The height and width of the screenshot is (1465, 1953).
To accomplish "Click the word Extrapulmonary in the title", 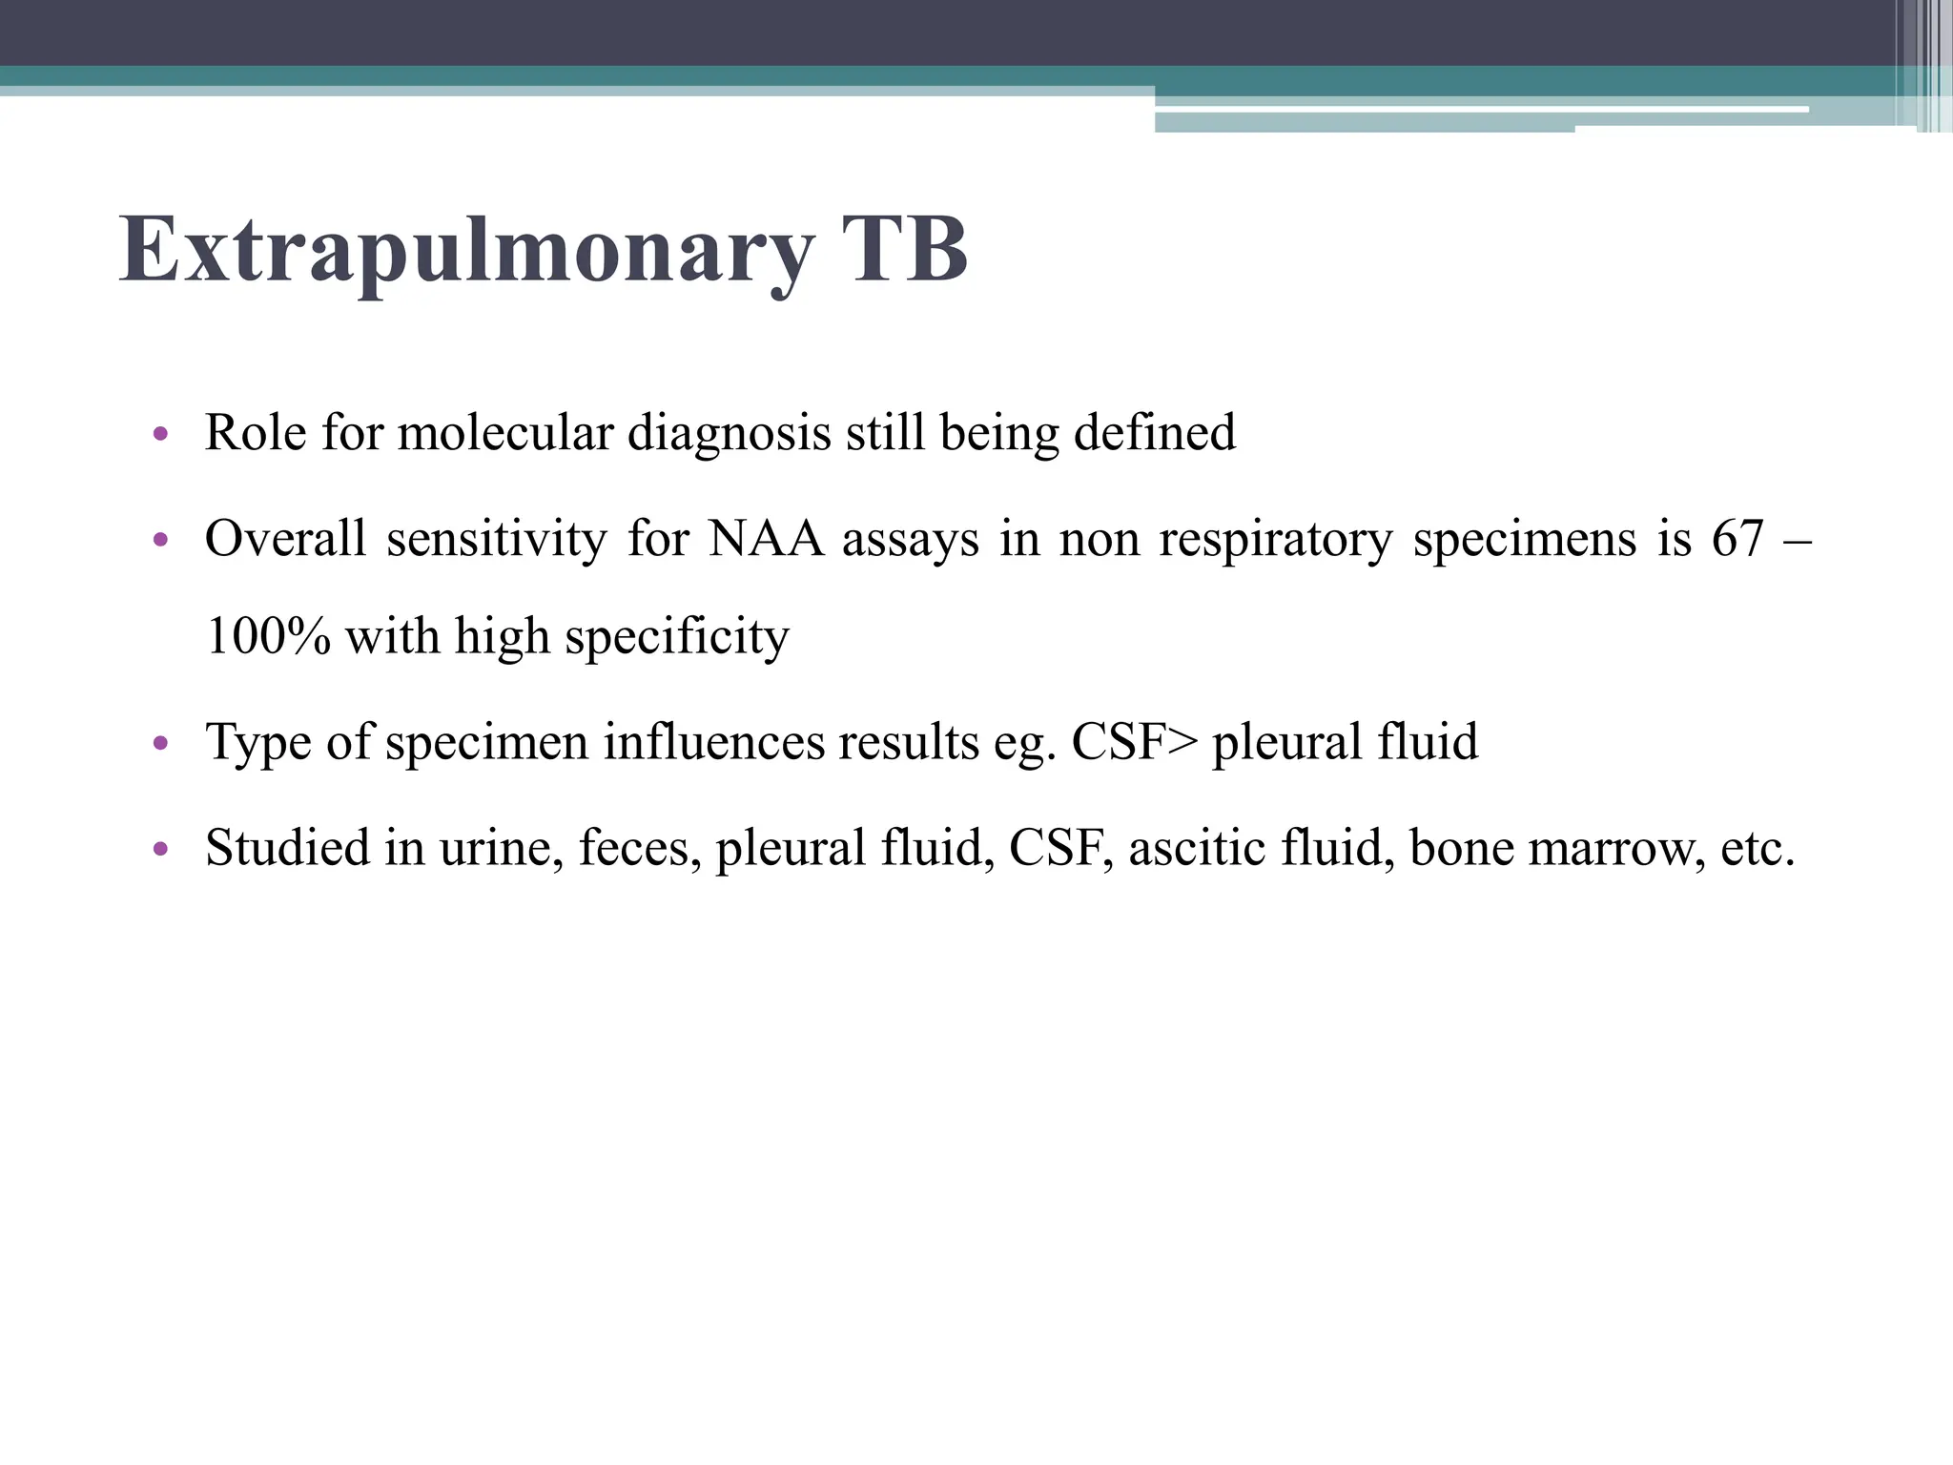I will (x=466, y=250).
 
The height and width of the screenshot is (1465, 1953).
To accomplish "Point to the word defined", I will (x=1155, y=433).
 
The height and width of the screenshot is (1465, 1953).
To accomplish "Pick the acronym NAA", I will (x=766, y=539).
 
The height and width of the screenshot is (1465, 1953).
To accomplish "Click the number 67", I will (x=1737, y=539).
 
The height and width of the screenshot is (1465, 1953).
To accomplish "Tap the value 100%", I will (x=268, y=636).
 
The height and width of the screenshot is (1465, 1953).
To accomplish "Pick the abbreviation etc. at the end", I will (x=1758, y=848).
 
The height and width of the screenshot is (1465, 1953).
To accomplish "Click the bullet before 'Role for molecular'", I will (x=160, y=435).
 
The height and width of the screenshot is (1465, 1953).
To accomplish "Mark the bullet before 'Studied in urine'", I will (x=160, y=848).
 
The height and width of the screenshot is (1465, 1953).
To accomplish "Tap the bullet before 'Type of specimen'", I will (x=160, y=743).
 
